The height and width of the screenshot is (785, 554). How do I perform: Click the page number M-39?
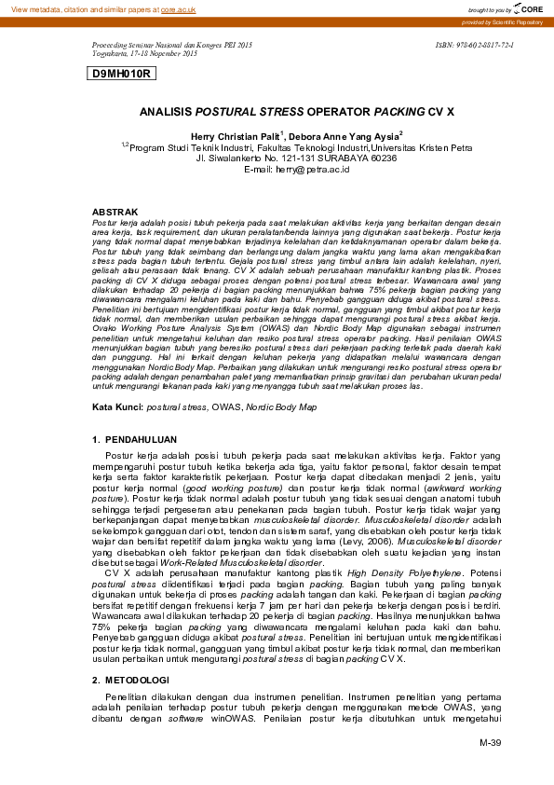click(491, 742)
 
